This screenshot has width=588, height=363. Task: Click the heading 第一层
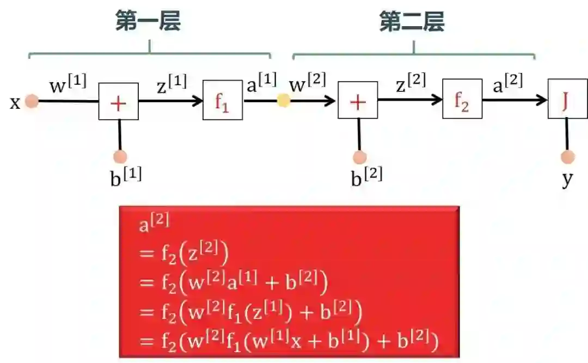148,22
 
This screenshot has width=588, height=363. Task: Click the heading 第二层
412,22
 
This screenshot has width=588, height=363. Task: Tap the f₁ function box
223,100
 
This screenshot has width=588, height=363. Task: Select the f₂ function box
462,99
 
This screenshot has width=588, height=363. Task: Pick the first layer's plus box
118,102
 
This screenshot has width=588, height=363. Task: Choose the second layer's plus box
358,100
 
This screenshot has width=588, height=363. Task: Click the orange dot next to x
32,101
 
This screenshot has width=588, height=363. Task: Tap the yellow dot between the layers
284,101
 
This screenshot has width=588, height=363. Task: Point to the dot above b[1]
120,157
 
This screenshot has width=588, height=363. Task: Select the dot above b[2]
359,157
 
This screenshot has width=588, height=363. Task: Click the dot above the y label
568,157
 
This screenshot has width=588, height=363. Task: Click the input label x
15,102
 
